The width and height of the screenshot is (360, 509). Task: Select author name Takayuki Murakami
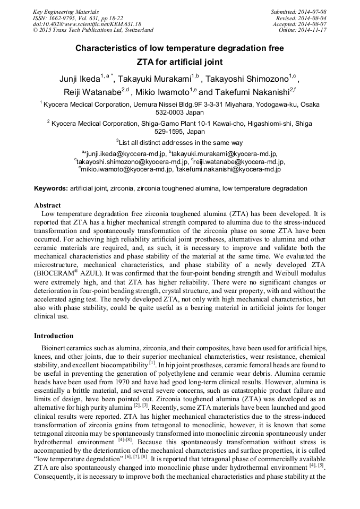coord(158,80)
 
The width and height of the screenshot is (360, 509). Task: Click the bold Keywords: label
coord(51,188)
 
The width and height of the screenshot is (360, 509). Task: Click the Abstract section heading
coord(47,205)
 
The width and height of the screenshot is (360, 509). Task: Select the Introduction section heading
coord(54,336)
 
